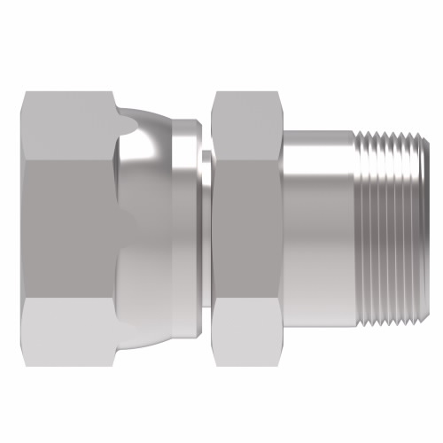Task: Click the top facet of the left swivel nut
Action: (x=66, y=120)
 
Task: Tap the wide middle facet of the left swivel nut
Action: (x=66, y=221)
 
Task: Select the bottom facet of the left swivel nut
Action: (x=66, y=323)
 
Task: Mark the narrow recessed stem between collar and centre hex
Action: (x=205, y=221)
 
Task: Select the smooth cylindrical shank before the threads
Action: (x=319, y=221)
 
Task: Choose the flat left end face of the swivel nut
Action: (x=19, y=221)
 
